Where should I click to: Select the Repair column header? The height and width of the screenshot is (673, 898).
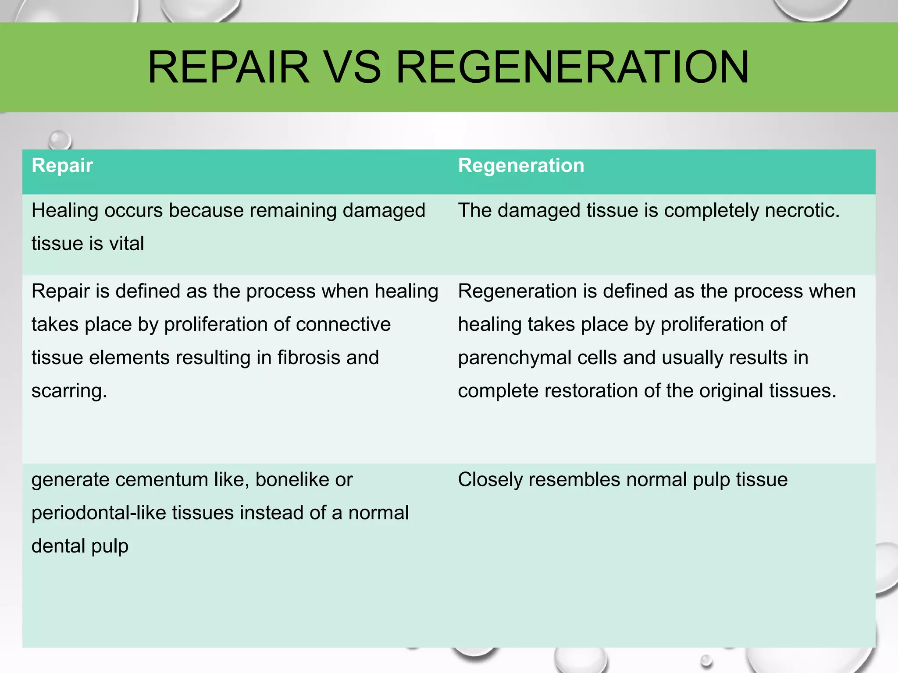pos(62,166)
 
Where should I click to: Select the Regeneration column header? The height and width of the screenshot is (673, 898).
pos(521,166)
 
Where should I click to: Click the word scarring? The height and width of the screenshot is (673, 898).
pos(69,391)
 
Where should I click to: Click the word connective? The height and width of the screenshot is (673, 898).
pos(343,325)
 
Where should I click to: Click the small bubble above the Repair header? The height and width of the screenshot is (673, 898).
pos(59,141)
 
